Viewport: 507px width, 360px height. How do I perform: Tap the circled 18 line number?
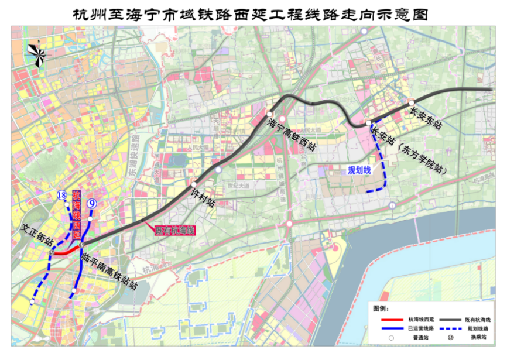(61, 196)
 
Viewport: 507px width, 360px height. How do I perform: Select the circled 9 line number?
(92, 204)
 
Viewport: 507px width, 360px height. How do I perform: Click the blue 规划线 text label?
(359, 170)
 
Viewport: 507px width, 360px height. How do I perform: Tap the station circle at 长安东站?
(412, 102)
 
